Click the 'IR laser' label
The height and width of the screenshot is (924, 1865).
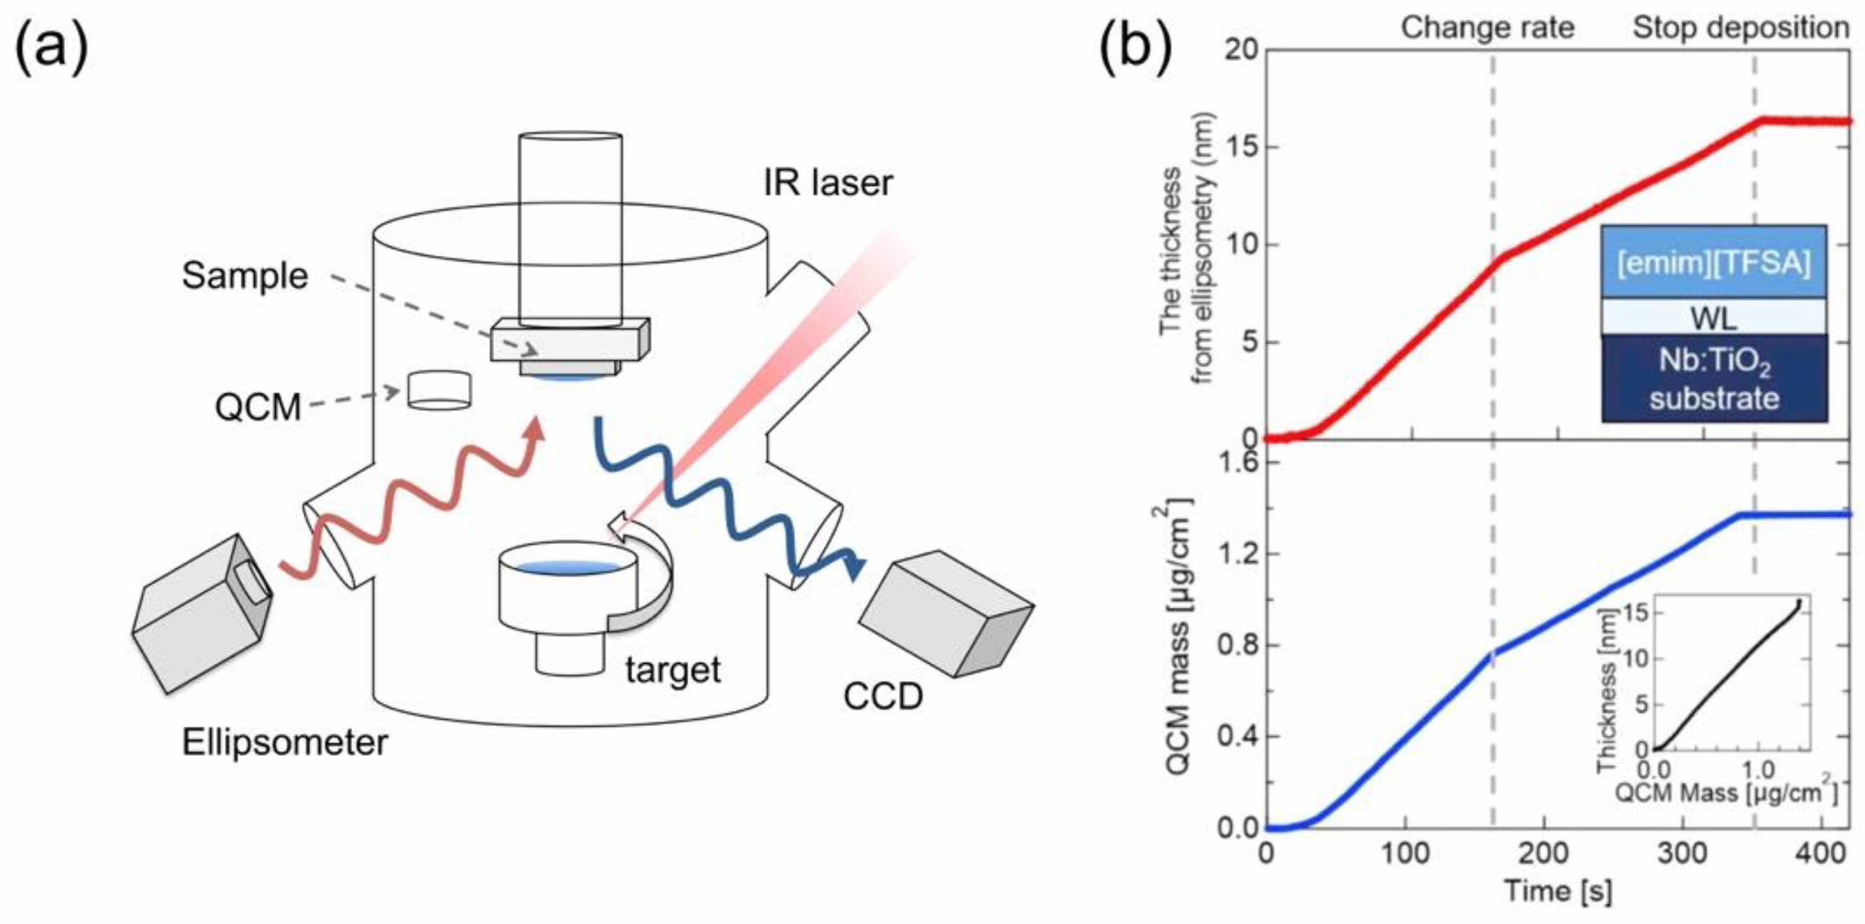click(x=827, y=183)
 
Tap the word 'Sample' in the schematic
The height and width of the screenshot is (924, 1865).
click(x=245, y=276)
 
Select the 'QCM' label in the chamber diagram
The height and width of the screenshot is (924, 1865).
click(x=258, y=407)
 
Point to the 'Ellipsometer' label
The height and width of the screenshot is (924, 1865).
click(x=285, y=743)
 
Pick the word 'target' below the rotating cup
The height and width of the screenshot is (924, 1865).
click(x=672, y=670)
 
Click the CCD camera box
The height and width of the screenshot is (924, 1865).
click(x=945, y=613)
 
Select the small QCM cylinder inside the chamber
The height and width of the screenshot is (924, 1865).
click(x=438, y=391)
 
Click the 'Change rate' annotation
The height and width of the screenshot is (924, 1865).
click(x=1487, y=28)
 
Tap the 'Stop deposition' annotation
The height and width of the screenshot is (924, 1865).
click(x=1740, y=28)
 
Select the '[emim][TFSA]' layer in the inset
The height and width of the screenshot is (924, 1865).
click(x=1713, y=262)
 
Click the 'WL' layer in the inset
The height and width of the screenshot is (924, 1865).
click(x=1713, y=317)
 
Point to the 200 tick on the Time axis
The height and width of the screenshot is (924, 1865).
click(x=1544, y=853)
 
